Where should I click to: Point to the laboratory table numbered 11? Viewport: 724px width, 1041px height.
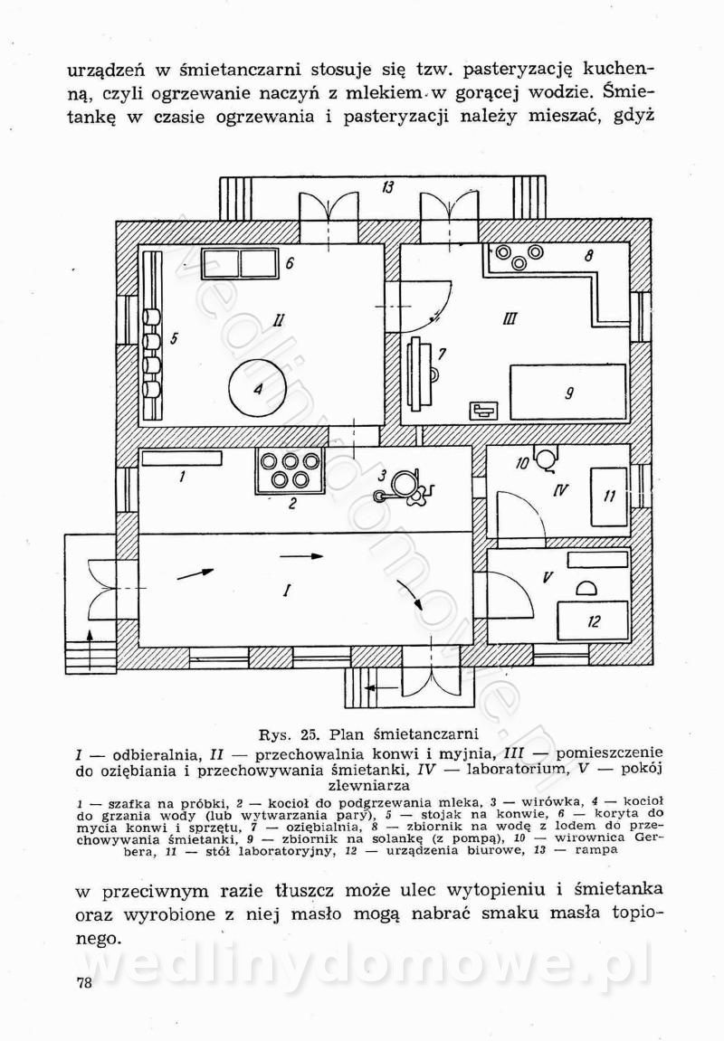tap(609, 496)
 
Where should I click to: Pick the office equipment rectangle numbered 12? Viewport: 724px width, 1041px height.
tap(593, 621)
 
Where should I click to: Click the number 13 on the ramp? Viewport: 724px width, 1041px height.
tap(387, 188)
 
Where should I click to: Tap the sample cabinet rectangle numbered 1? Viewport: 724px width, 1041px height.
tap(182, 459)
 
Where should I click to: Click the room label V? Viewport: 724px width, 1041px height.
tap(548, 577)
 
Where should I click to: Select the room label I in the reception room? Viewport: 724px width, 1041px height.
tap(287, 591)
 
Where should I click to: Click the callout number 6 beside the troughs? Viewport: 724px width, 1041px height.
tap(290, 264)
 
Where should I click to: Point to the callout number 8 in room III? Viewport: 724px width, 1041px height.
tap(588, 256)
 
